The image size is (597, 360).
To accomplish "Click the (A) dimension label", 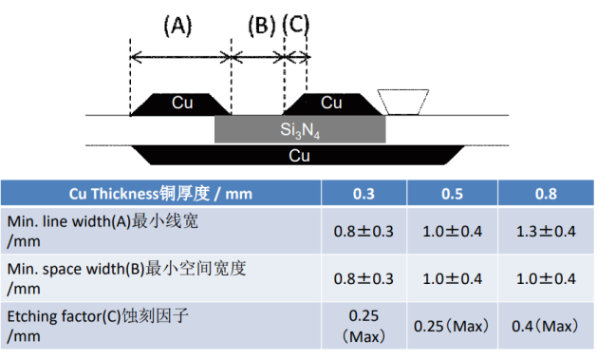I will [x=177, y=27].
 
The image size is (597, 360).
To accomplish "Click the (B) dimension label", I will [x=261, y=27].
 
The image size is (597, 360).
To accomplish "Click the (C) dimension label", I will [x=296, y=27].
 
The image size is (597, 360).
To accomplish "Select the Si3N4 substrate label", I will [x=300, y=130].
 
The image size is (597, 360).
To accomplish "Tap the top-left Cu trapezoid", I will [x=180, y=103].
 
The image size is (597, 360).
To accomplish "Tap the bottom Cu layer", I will [x=300, y=154].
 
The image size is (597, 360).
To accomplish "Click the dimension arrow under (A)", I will [x=180, y=57].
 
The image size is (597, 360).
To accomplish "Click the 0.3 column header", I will [x=364, y=194].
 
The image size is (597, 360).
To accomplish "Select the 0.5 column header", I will [x=452, y=194].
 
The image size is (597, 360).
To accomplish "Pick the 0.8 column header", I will [x=545, y=194].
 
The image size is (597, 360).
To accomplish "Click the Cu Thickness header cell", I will [x=161, y=194].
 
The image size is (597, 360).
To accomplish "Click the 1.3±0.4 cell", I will [x=545, y=229].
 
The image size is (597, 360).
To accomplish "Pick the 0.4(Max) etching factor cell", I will [x=545, y=326].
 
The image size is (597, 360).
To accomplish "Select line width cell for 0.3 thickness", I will [x=364, y=229].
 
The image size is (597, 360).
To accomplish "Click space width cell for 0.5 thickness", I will [x=452, y=278].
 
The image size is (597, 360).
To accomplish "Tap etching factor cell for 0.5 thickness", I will [x=452, y=326].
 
